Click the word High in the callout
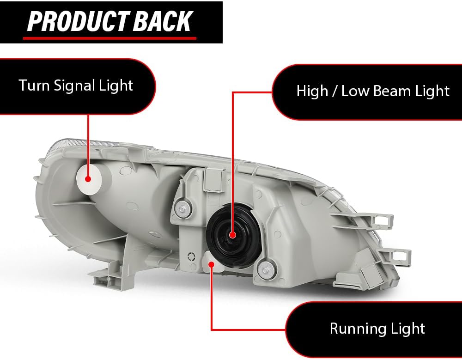click(312, 91)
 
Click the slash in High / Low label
click(334, 91)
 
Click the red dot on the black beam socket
click(232, 235)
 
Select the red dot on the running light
click(212, 264)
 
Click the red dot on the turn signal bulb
click(88, 178)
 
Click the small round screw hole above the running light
click(190, 256)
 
